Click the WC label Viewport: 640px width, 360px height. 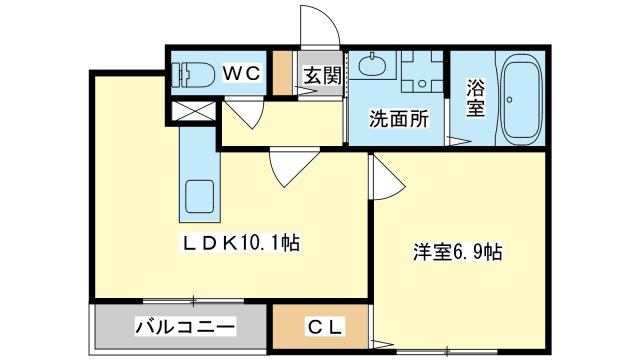coord(241,73)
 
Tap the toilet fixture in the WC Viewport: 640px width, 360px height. coord(193,74)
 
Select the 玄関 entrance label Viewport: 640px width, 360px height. coord(322,76)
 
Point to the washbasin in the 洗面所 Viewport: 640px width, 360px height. coord(372,64)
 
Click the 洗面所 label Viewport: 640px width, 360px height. coord(399,119)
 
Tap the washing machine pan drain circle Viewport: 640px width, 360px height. coord(422,84)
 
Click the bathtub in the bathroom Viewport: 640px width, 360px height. coord(522,98)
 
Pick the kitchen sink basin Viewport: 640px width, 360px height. coord(200,196)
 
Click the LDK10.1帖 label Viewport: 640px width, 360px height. coord(240,243)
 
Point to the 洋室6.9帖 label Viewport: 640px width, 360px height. coord(457,252)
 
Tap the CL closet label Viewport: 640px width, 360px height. coord(324,327)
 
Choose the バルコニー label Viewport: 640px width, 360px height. coord(185,327)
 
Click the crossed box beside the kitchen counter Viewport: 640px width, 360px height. coord(193,111)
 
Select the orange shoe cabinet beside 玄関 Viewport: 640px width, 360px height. coord(282,73)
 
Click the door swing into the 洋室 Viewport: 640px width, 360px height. coord(388,180)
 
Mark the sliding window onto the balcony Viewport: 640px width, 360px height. coord(193,301)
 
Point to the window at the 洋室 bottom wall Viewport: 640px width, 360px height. coord(447,351)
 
